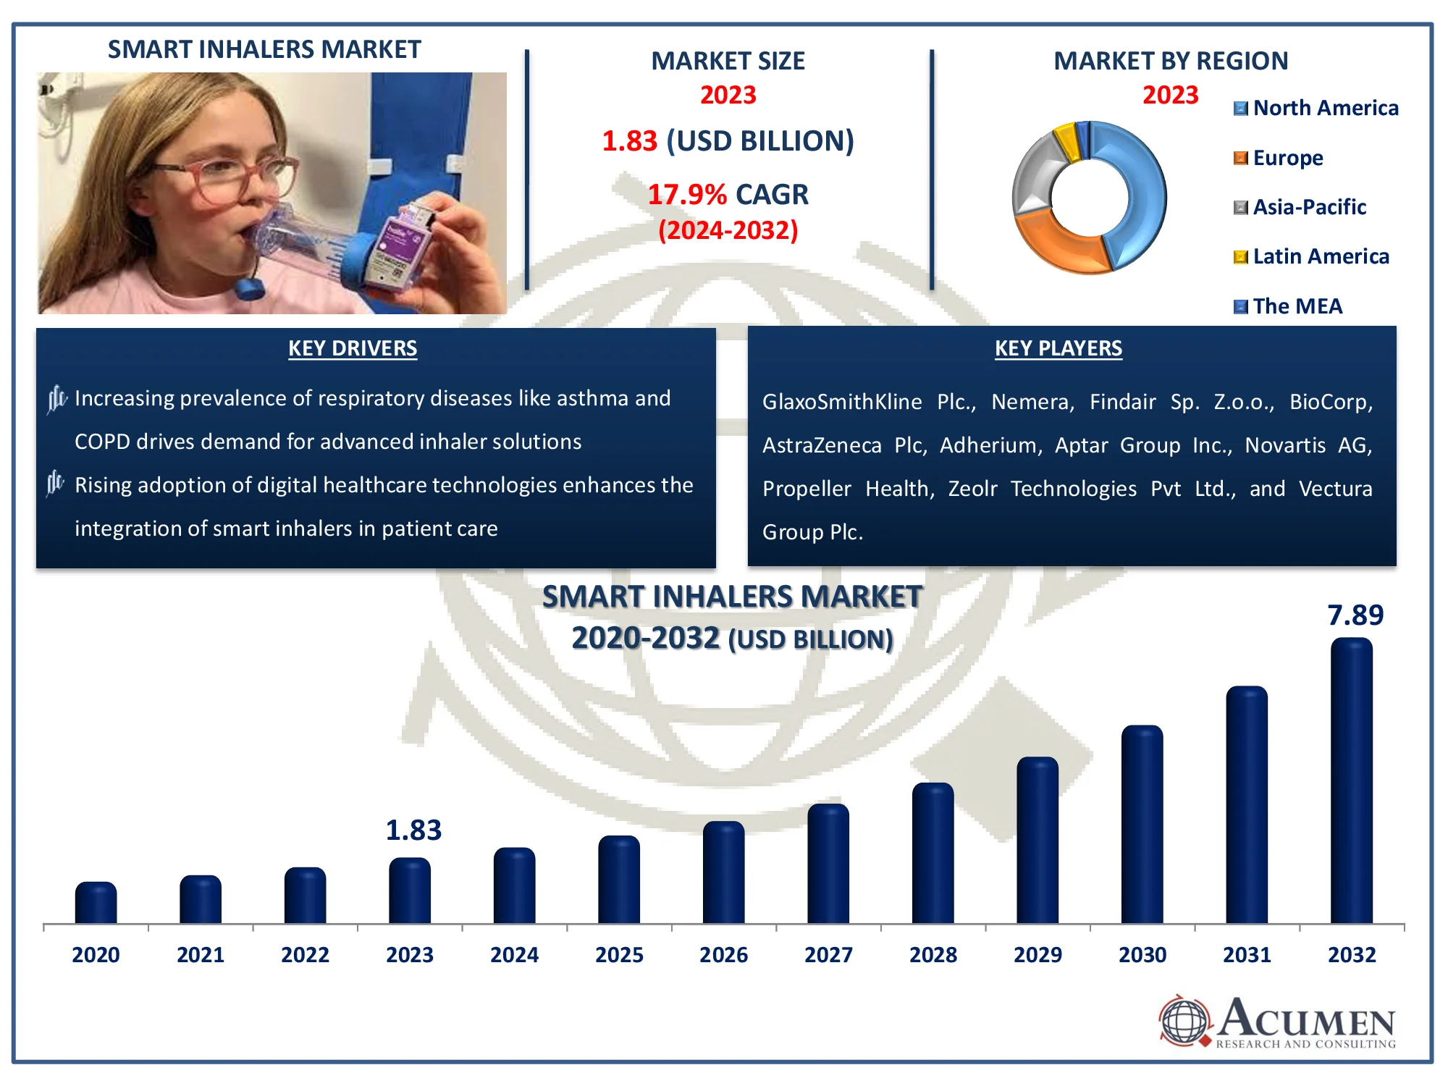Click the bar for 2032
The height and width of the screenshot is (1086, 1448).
click(x=1351, y=782)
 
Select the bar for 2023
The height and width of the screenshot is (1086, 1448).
click(x=410, y=891)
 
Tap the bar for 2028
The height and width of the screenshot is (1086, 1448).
click(x=933, y=854)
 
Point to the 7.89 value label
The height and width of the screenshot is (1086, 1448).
click(x=1355, y=615)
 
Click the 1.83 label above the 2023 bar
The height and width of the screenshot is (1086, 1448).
click(x=413, y=830)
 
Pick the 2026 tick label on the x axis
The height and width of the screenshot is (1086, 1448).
click(x=723, y=955)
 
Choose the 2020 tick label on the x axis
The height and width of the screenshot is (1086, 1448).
click(x=96, y=955)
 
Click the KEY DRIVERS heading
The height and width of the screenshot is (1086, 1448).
click(x=353, y=348)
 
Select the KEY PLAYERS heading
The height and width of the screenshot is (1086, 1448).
click(x=1058, y=348)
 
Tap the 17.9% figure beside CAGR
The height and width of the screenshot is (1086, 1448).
click(x=686, y=195)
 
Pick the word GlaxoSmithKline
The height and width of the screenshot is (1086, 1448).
click(x=841, y=402)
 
